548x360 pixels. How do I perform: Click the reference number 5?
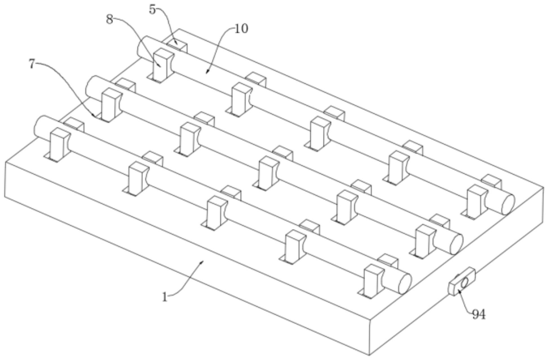point(153,10)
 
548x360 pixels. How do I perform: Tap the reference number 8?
point(109,19)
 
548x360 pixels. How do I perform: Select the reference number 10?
point(242,28)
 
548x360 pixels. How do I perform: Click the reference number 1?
point(165,297)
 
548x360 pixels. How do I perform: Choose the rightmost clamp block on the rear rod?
point(477,202)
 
